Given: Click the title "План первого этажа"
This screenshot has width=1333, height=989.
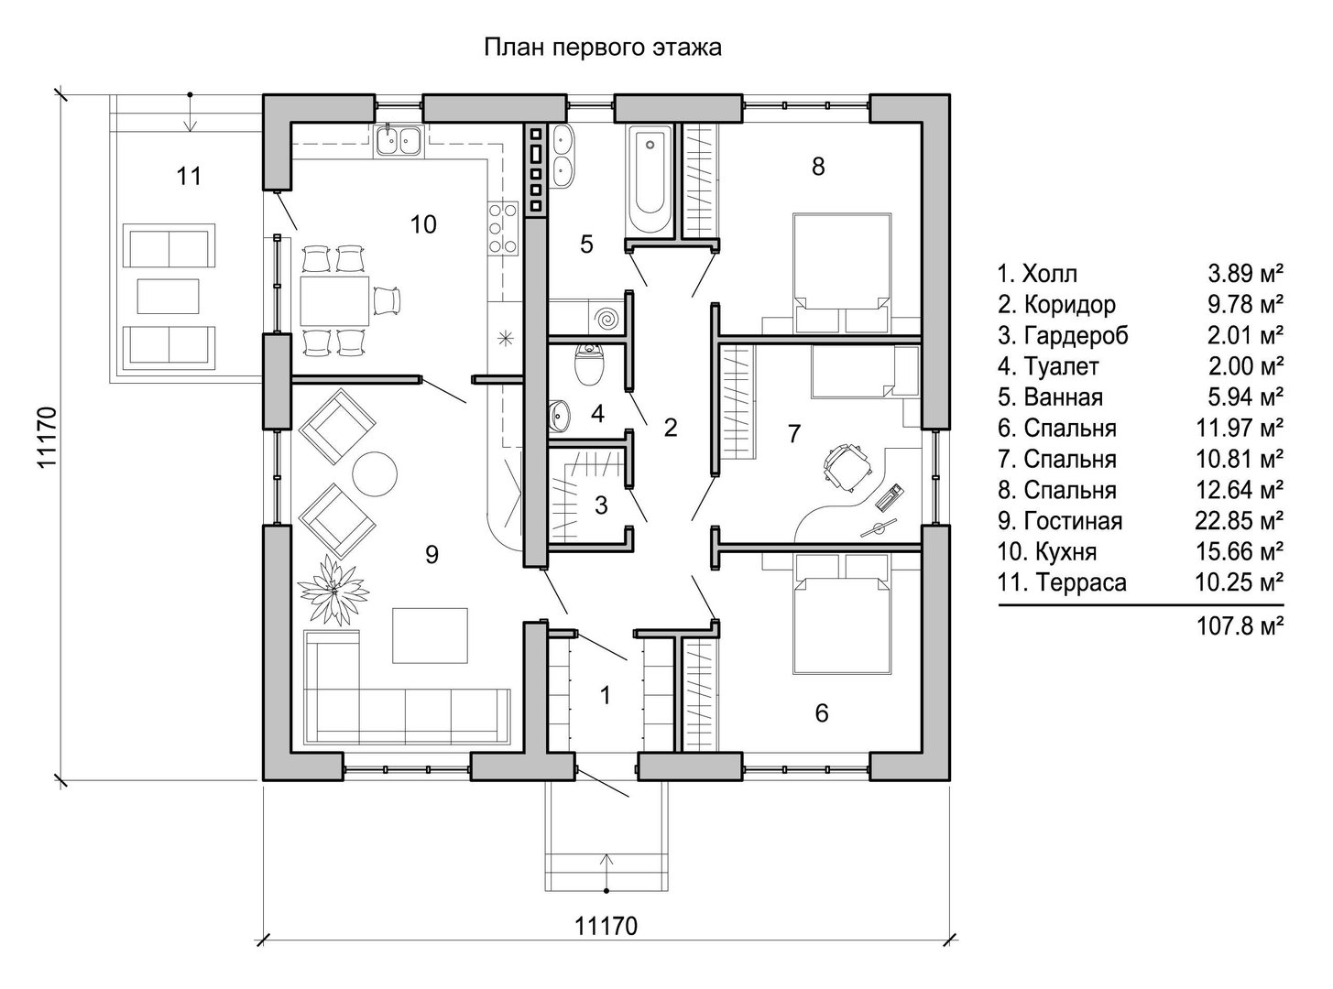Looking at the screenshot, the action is [603, 48].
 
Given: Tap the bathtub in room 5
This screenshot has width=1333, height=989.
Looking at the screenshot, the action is [649, 179].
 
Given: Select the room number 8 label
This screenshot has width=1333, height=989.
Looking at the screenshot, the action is [818, 167].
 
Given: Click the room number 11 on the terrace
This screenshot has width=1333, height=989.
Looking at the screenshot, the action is [189, 177].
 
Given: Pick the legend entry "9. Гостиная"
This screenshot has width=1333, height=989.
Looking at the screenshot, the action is [1060, 520].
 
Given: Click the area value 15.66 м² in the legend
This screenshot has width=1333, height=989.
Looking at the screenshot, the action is [1240, 551].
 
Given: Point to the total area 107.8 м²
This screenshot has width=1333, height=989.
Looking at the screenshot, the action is [1240, 626].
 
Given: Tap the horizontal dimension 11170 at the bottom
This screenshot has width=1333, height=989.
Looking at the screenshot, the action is [606, 926].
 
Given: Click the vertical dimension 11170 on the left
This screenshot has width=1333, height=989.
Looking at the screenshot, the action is [47, 437].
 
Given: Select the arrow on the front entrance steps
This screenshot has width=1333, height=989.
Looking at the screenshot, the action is [606, 872].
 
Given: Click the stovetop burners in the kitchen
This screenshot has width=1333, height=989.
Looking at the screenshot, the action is [503, 228].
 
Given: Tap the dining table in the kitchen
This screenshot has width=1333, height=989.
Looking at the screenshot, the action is [334, 300].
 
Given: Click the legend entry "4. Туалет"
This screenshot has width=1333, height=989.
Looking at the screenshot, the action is [1048, 366].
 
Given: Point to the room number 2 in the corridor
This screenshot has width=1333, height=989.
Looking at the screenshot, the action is [671, 428].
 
